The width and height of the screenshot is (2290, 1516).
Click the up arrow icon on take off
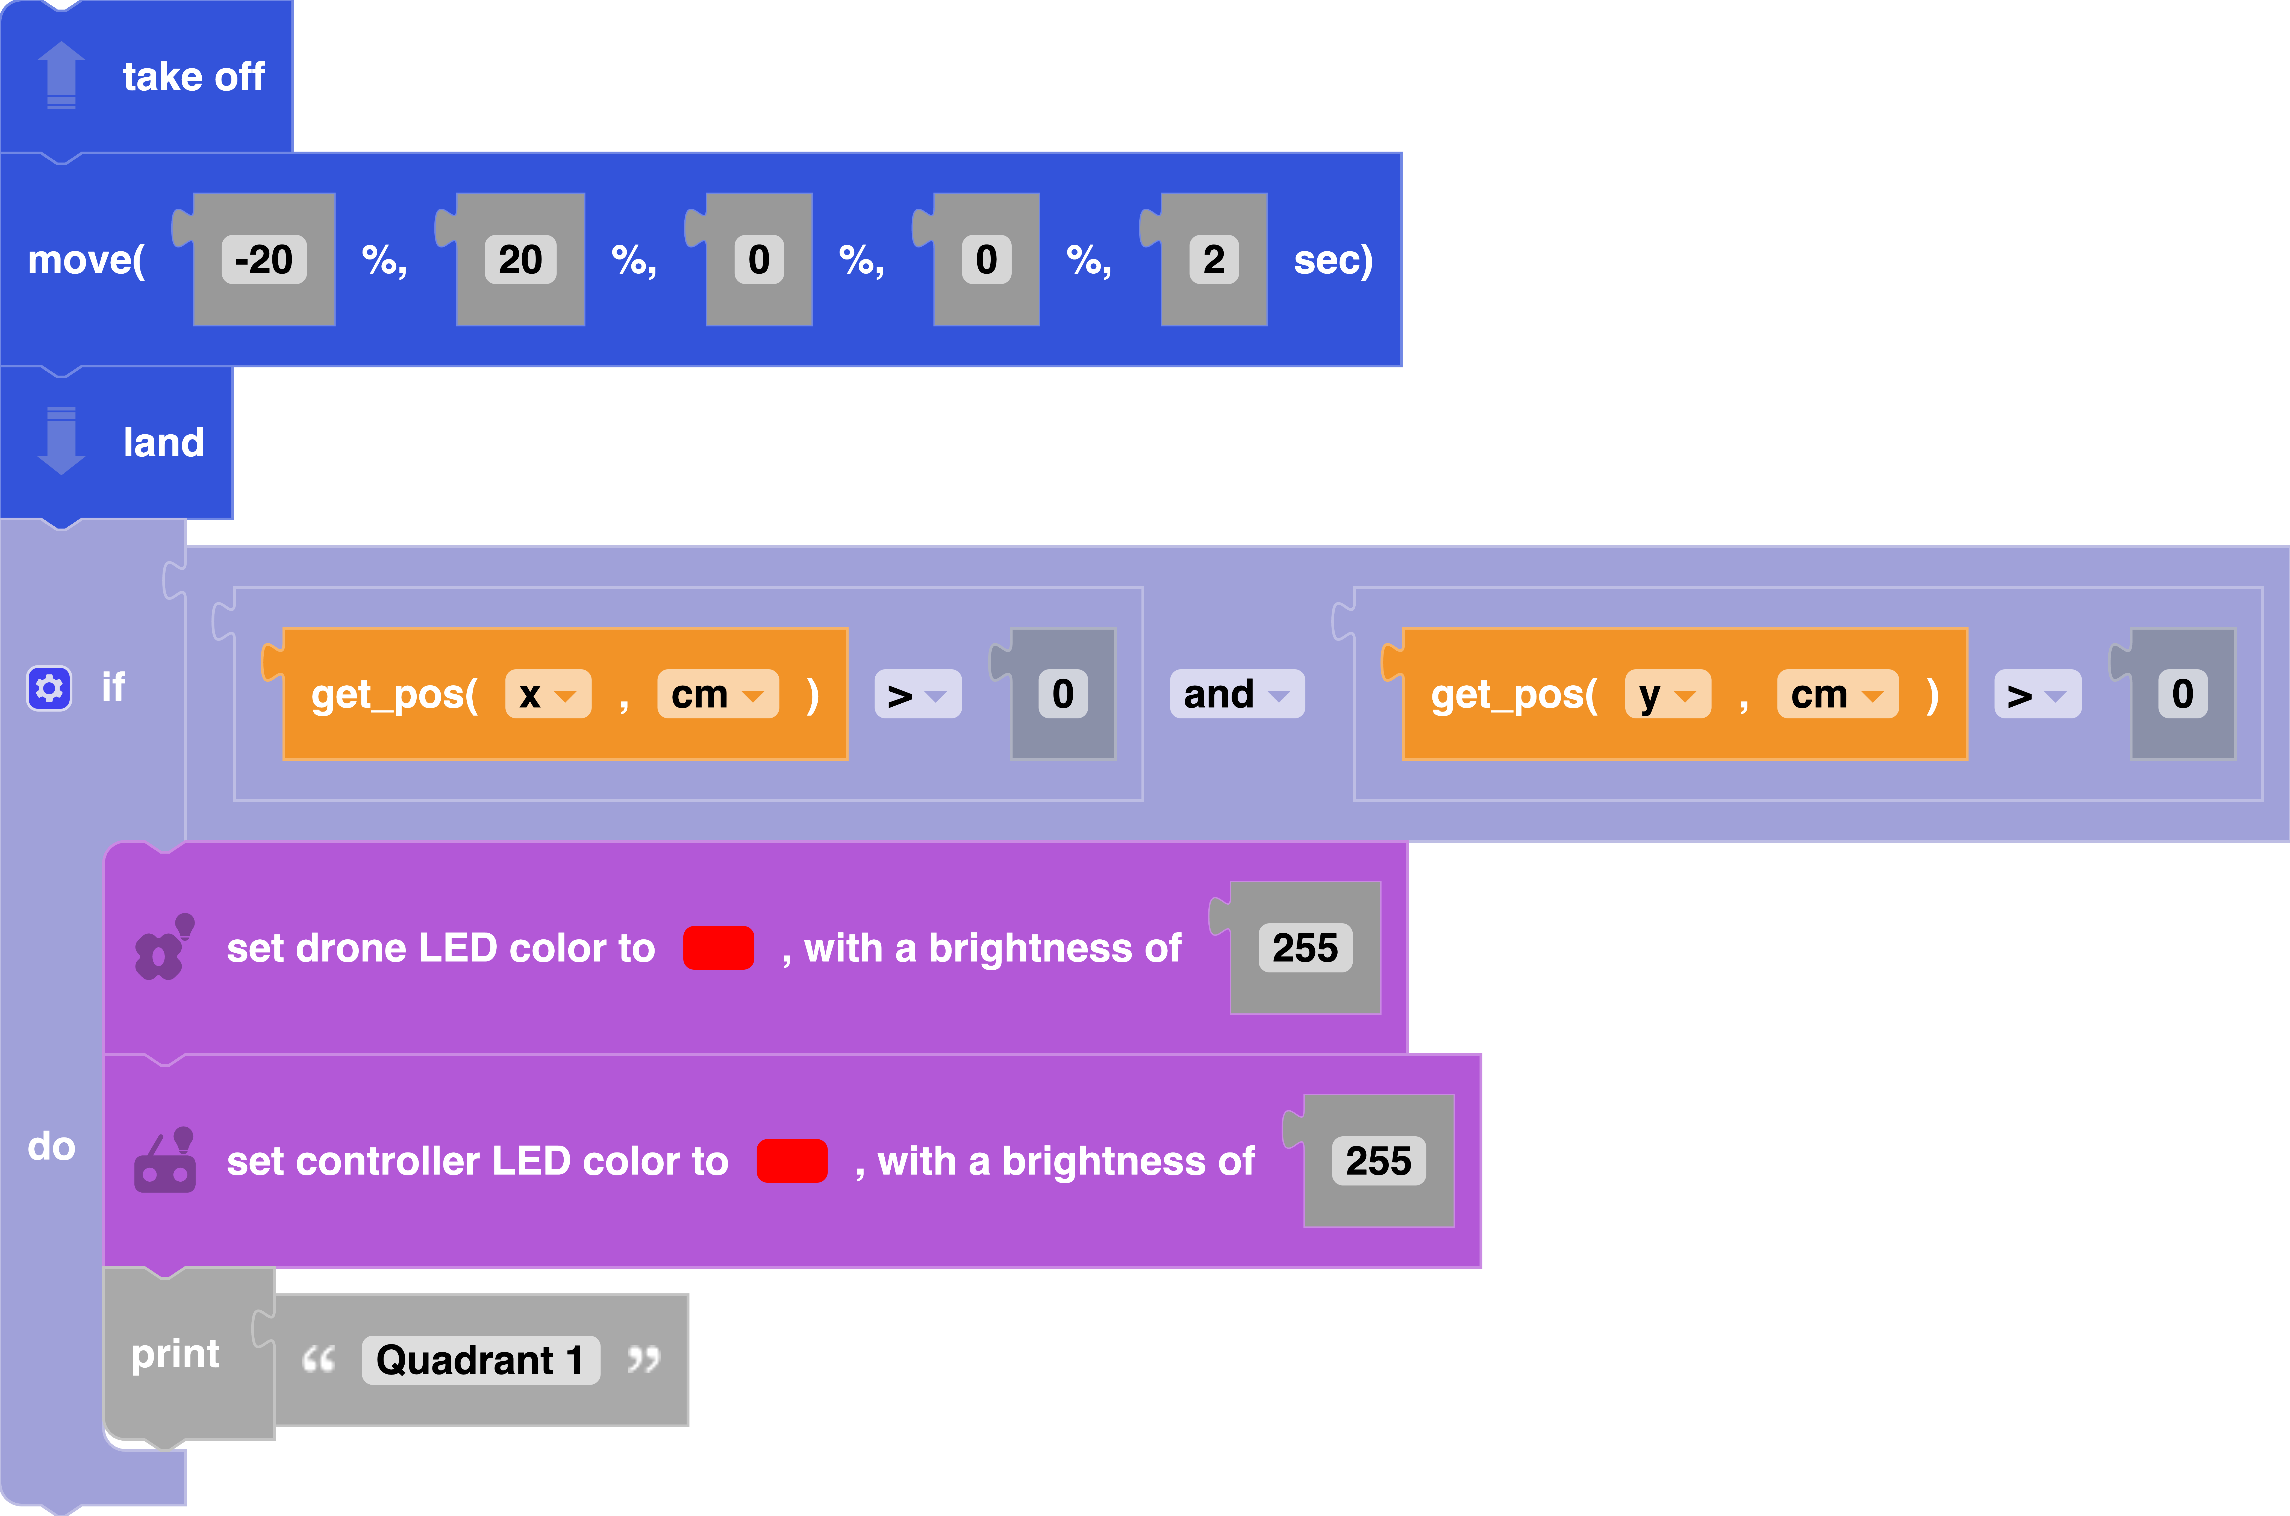click(x=61, y=75)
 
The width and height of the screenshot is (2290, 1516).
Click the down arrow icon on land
click(x=61, y=441)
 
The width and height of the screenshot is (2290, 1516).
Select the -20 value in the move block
click(x=264, y=259)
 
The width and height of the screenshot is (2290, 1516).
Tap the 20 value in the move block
click(x=520, y=259)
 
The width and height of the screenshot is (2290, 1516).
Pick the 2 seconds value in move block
click(x=1214, y=259)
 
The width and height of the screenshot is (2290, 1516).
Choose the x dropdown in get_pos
click(x=547, y=694)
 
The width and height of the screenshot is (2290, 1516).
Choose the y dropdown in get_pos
click(x=1667, y=694)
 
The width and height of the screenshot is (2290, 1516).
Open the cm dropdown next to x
click(x=717, y=694)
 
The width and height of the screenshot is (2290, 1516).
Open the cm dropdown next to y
click(x=1837, y=694)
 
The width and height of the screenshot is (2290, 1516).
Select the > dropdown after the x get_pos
click(x=918, y=694)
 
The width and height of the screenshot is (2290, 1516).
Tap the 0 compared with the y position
click(x=2183, y=694)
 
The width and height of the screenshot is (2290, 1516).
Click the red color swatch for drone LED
click(x=719, y=948)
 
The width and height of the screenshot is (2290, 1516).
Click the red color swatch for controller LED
click(x=792, y=1160)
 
